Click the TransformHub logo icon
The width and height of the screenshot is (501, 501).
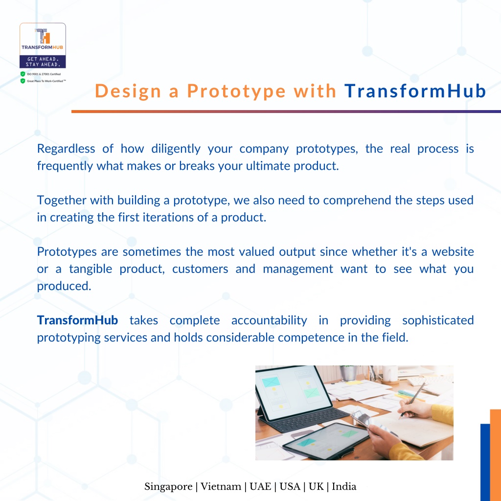pyautogui.click(x=43, y=36)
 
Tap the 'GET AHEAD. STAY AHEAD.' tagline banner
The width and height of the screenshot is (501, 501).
pyautogui.click(x=43, y=62)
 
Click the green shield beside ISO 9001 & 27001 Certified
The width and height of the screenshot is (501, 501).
pyautogui.click(x=23, y=74)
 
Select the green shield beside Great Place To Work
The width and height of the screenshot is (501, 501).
pyautogui.click(x=23, y=81)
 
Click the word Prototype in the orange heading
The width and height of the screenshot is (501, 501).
pyautogui.click(x=236, y=91)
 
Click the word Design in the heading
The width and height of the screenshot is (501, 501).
pyautogui.click(x=128, y=91)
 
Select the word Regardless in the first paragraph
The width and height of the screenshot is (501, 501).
pyautogui.click(x=66, y=149)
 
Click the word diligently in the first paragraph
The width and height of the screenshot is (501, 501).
pyautogui.click(x=176, y=149)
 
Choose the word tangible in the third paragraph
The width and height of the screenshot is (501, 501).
pyautogui.click(x=91, y=269)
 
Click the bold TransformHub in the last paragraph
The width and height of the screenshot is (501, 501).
pyautogui.click(x=78, y=320)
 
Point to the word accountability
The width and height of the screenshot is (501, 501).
pyautogui.click(x=269, y=320)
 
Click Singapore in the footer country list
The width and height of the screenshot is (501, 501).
pyautogui.click(x=168, y=487)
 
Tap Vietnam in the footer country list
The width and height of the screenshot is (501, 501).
pyautogui.click(x=221, y=486)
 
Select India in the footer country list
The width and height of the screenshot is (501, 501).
pyautogui.click(x=344, y=486)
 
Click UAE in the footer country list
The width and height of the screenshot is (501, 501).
pyautogui.click(x=260, y=486)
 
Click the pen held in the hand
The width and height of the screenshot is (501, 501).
pyautogui.click(x=413, y=400)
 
